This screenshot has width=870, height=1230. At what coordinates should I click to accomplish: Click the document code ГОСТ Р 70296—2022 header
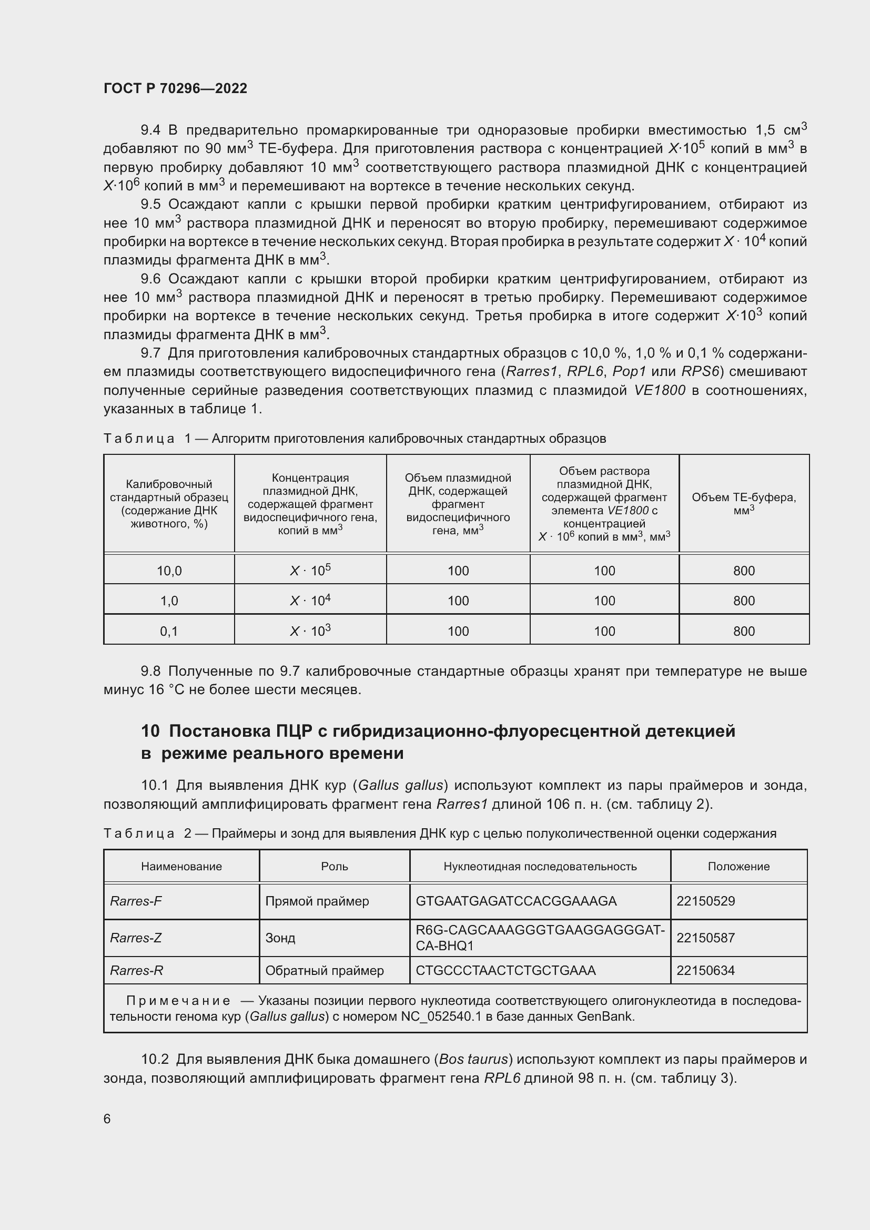(175, 88)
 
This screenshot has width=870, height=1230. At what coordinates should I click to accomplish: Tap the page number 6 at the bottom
(107, 1119)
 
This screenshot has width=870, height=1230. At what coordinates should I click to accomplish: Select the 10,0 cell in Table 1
(169, 571)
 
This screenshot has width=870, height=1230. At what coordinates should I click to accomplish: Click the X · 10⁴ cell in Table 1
(310, 601)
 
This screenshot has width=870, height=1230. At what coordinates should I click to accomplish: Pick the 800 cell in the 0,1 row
(744, 631)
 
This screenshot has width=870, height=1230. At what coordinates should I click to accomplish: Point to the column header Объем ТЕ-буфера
(744, 504)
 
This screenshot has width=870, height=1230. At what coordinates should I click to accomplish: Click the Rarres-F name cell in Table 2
(136, 901)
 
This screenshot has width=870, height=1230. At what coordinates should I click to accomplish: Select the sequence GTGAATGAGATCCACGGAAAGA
(516, 901)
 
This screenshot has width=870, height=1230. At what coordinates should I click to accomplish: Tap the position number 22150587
(705, 938)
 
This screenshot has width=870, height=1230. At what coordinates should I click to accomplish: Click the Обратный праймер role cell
(324, 971)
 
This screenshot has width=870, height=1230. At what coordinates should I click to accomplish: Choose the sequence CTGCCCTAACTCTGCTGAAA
(505, 971)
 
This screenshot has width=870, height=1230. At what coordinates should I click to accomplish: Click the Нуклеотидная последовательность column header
(540, 867)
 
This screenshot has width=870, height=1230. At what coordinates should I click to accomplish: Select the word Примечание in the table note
(178, 1001)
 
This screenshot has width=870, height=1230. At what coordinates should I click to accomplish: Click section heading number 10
(150, 731)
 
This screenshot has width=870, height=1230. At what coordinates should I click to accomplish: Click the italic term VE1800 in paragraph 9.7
(659, 391)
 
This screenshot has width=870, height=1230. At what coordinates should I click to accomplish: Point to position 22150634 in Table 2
(705, 971)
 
